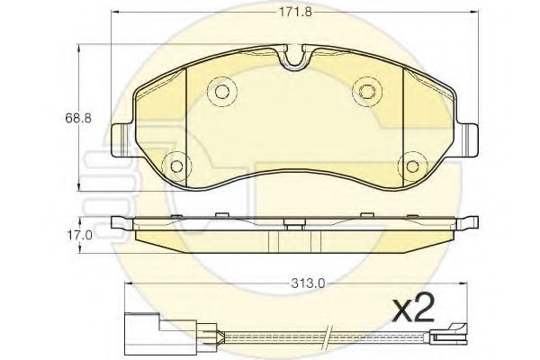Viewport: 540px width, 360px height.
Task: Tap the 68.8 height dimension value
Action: pos(78,118)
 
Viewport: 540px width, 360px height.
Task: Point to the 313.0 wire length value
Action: pos(308,283)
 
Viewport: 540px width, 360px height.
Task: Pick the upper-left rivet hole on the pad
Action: pos(221,91)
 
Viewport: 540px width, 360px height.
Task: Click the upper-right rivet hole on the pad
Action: pos(367,91)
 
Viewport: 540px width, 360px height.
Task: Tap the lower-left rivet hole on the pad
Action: pos(177,166)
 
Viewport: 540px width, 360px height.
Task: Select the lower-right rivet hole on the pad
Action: pos(412,166)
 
